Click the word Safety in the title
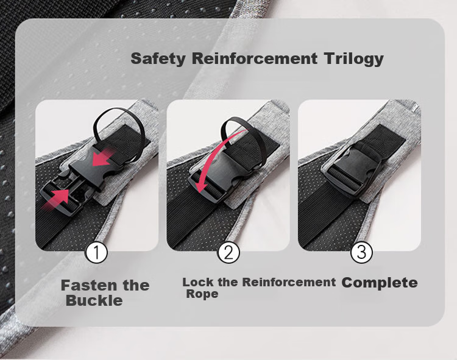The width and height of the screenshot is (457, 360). [x=158, y=59]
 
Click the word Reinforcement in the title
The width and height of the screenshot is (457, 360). [x=255, y=58]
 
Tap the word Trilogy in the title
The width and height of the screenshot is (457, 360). [x=353, y=59]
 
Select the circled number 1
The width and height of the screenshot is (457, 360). [x=96, y=253]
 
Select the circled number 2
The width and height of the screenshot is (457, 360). [x=228, y=253]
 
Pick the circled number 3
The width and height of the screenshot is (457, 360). [x=361, y=252]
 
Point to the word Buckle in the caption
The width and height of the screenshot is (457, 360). [x=94, y=300]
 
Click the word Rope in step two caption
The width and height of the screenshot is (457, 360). [x=202, y=294]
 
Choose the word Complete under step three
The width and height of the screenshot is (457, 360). [x=380, y=283]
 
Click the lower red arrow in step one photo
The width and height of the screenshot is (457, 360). [x=56, y=200]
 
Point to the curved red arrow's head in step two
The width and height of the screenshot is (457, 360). [x=202, y=186]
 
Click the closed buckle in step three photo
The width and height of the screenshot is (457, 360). [x=352, y=171]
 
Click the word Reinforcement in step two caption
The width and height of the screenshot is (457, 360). [x=289, y=282]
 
